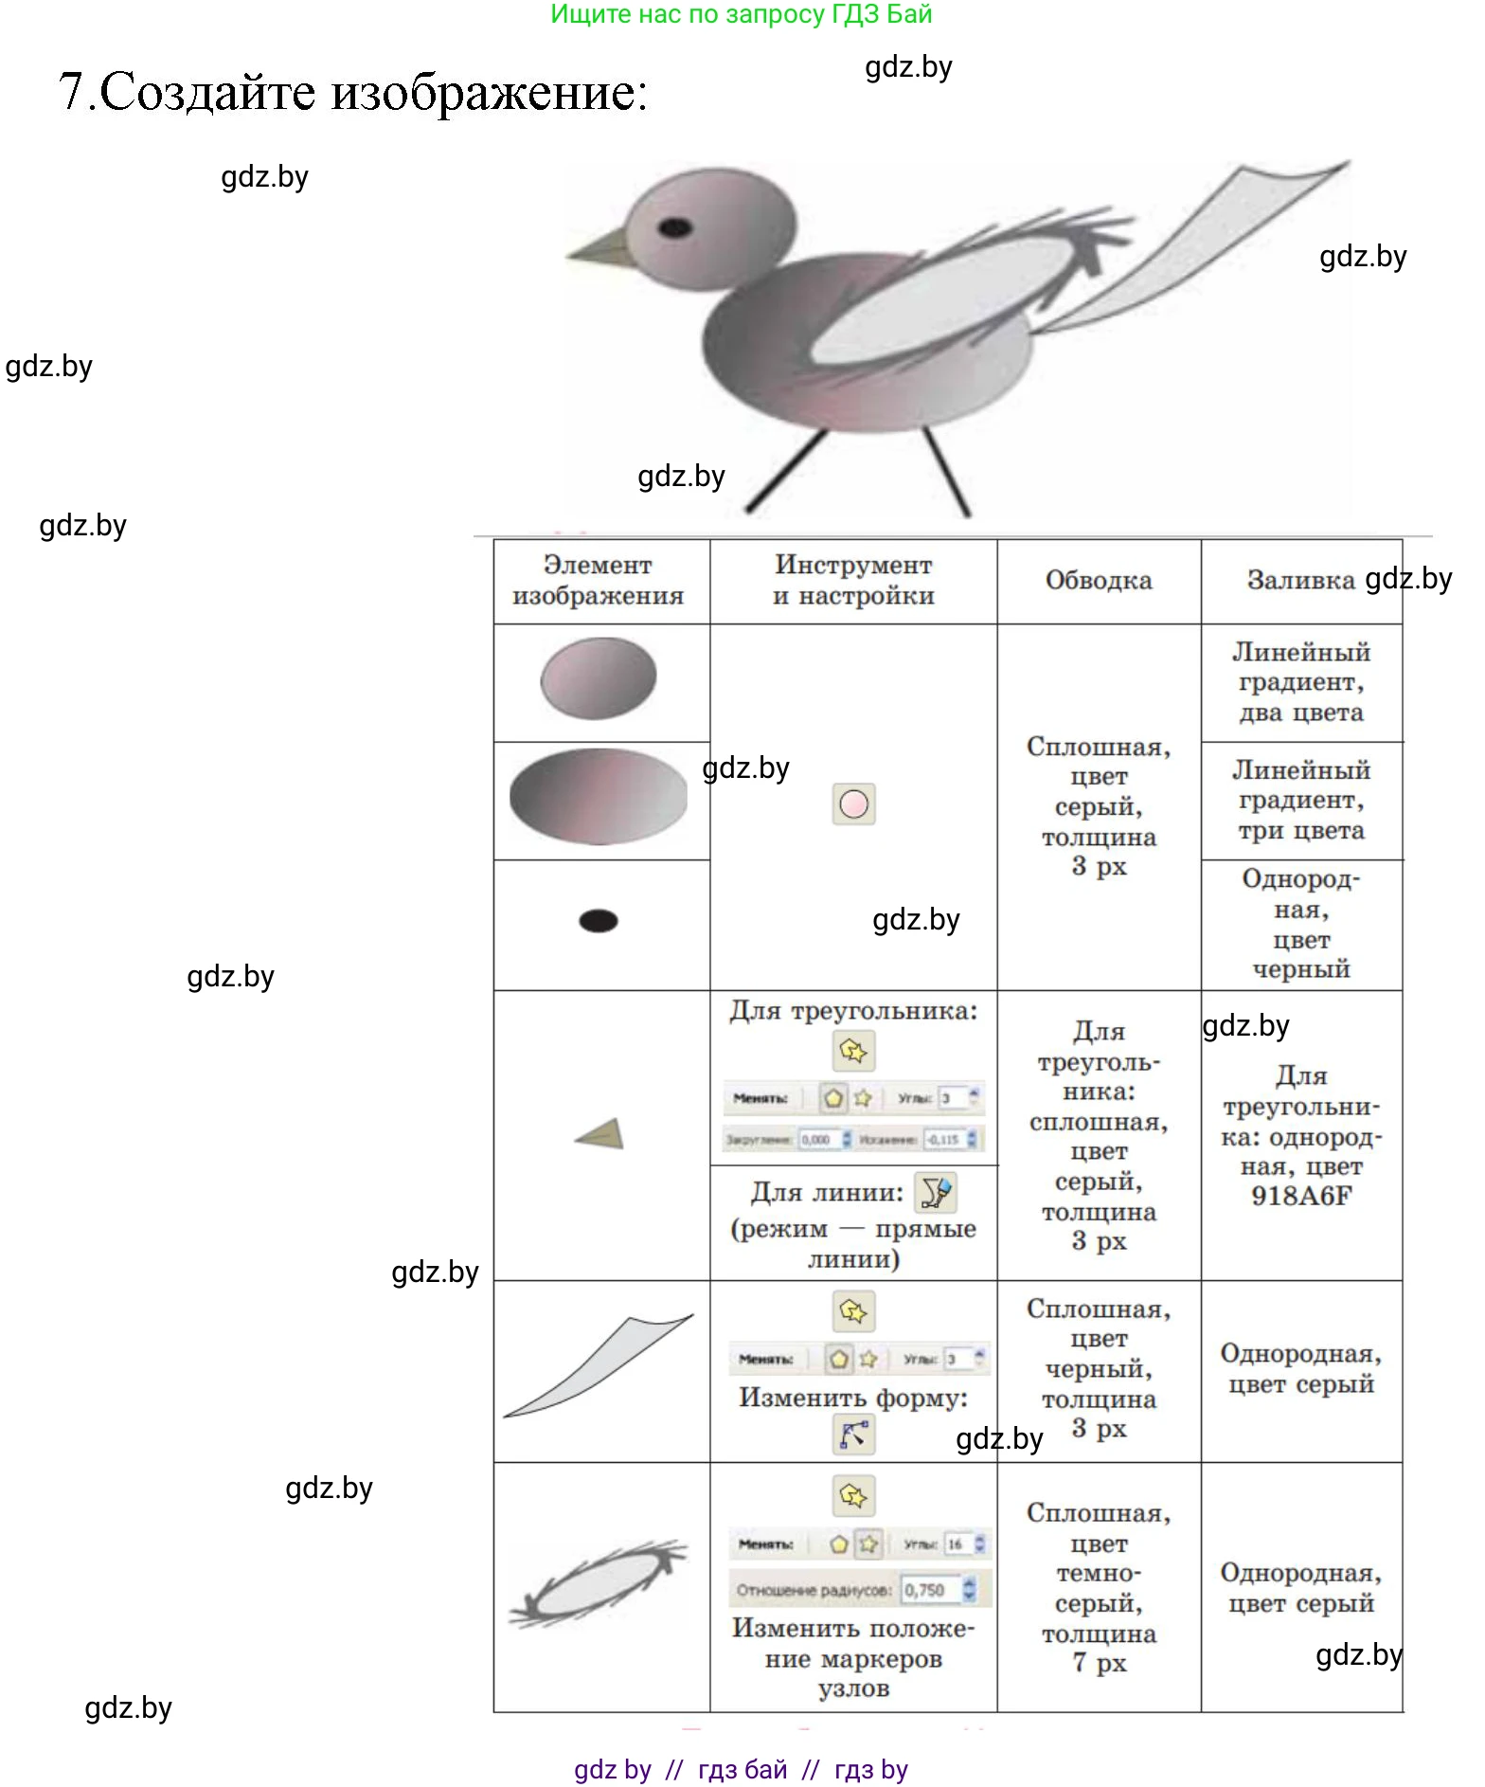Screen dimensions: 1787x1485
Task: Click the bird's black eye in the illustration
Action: [x=674, y=227]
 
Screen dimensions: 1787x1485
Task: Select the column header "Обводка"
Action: [x=1099, y=580]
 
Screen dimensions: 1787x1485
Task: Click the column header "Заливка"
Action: [x=1300, y=580]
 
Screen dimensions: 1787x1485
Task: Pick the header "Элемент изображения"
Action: [x=599, y=580]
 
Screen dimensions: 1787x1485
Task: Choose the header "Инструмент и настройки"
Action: [x=853, y=580]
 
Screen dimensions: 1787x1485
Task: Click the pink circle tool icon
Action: [x=853, y=804]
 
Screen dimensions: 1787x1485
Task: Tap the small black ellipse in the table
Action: [x=599, y=921]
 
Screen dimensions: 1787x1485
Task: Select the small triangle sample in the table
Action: [x=603, y=1134]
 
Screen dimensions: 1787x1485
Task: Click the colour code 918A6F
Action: [x=1301, y=1196]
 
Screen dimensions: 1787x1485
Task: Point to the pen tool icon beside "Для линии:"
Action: [x=936, y=1193]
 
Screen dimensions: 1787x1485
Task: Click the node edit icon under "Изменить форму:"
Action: [x=853, y=1434]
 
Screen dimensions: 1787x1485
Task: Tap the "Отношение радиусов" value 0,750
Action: [x=924, y=1590]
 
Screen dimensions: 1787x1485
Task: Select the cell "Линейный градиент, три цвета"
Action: [x=1301, y=801]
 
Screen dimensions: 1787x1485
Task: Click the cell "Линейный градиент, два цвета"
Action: [x=1301, y=682]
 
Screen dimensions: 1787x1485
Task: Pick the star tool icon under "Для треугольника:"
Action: [x=853, y=1051]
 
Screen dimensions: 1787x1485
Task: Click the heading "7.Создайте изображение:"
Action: [x=353, y=92]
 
